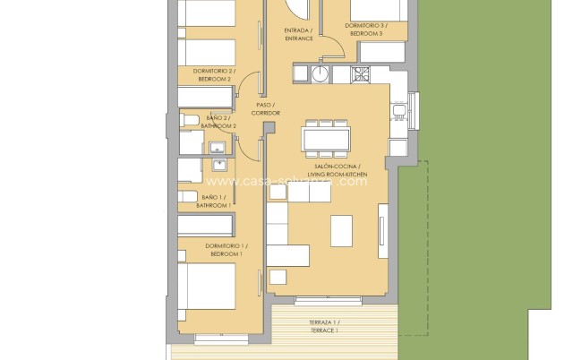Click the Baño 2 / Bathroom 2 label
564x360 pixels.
click(x=219, y=122)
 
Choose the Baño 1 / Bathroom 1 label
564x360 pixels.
click(x=216, y=201)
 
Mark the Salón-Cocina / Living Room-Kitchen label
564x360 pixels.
click(x=334, y=170)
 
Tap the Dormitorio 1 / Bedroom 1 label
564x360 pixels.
click(x=226, y=250)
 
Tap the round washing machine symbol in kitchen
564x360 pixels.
click(x=320, y=73)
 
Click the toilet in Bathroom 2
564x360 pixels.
click(x=191, y=120)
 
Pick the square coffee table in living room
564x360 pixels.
click(x=341, y=230)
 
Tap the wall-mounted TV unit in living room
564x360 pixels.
click(x=383, y=227)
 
